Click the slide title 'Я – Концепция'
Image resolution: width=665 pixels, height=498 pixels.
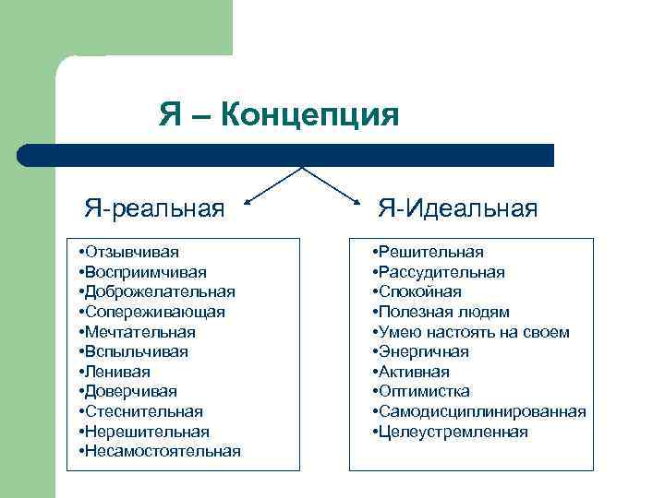[x=278, y=115]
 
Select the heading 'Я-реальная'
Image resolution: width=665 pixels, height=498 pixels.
[x=154, y=208]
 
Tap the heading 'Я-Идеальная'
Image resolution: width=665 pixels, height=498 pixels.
[x=456, y=208]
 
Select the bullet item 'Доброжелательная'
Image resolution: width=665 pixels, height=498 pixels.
[x=160, y=291]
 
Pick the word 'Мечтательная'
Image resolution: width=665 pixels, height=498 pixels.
[x=140, y=332]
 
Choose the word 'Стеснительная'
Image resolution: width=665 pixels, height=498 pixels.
[x=144, y=411]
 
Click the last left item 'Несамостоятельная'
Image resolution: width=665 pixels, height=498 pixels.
[x=163, y=451]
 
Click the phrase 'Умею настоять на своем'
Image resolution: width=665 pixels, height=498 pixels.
[x=473, y=332]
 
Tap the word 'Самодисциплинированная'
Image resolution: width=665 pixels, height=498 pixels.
[x=481, y=411]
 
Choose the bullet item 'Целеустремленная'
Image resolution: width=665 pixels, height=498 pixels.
[x=453, y=432]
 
